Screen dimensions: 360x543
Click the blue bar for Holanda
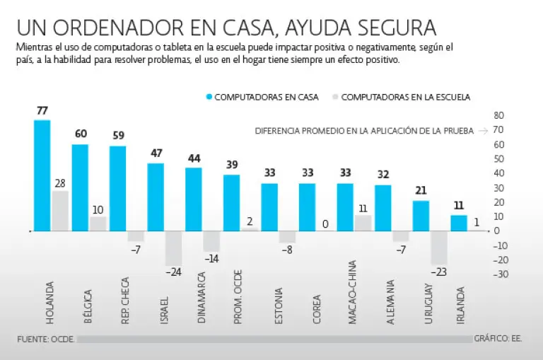[42, 175]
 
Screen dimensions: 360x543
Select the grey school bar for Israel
[173, 248]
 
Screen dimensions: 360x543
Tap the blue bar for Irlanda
[459, 223]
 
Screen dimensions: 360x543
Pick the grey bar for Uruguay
[439, 248]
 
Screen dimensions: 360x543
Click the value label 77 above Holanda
[42, 111]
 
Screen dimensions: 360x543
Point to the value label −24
[173, 272]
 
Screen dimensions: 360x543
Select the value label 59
[118, 137]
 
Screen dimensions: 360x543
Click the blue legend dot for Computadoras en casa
[209, 97]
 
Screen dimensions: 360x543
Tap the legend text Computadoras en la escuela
[405, 97]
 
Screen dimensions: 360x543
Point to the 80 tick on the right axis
[498, 115]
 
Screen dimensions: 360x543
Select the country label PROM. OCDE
[238, 305]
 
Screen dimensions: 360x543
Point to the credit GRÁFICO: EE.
[498, 339]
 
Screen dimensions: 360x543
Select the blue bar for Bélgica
[80, 187]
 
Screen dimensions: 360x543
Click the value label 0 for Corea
[325, 224]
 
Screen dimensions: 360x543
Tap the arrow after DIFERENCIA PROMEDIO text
[483, 131]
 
